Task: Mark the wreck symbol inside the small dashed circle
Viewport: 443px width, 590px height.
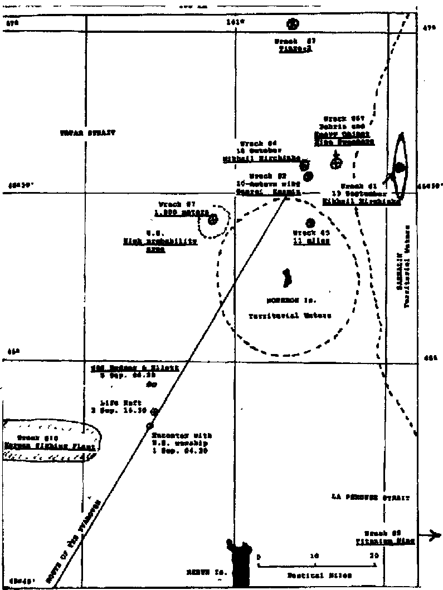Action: (x=212, y=220)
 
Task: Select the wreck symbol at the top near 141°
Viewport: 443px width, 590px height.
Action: (x=292, y=24)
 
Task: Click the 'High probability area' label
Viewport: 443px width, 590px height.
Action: (x=160, y=242)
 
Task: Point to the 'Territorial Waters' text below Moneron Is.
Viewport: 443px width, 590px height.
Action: (x=290, y=316)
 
